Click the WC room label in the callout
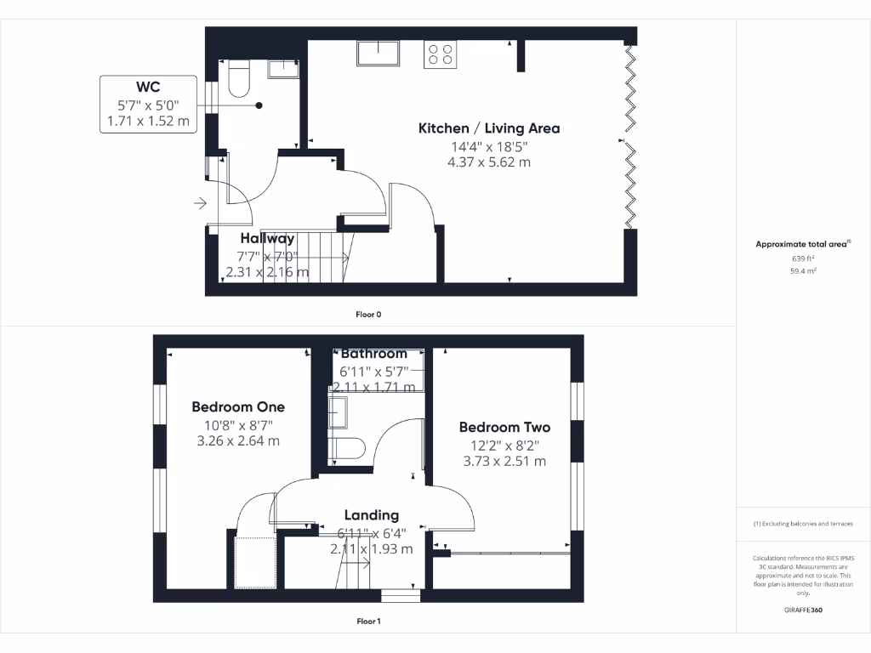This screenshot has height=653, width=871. click(148, 87)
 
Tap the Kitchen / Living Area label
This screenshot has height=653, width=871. click(489, 128)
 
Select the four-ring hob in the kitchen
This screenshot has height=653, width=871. click(440, 54)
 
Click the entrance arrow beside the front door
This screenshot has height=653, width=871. click(201, 203)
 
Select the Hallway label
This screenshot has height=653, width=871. click(267, 239)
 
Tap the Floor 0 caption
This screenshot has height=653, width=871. click(368, 315)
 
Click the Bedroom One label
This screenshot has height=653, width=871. click(238, 407)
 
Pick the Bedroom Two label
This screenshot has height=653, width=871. click(504, 428)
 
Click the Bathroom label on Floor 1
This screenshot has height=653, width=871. click(374, 354)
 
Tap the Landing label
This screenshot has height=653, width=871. click(372, 515)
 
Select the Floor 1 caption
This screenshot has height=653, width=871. click(368, 622)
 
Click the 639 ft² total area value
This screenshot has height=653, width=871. click(804, 258)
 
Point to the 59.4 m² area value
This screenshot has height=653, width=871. click(804, 271)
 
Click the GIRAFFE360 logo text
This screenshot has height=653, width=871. click(804, 610)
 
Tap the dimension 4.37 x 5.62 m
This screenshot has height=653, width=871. click(489, 162)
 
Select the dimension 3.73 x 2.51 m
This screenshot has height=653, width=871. click(504, 462)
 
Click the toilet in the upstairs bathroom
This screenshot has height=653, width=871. click(348, 448)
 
